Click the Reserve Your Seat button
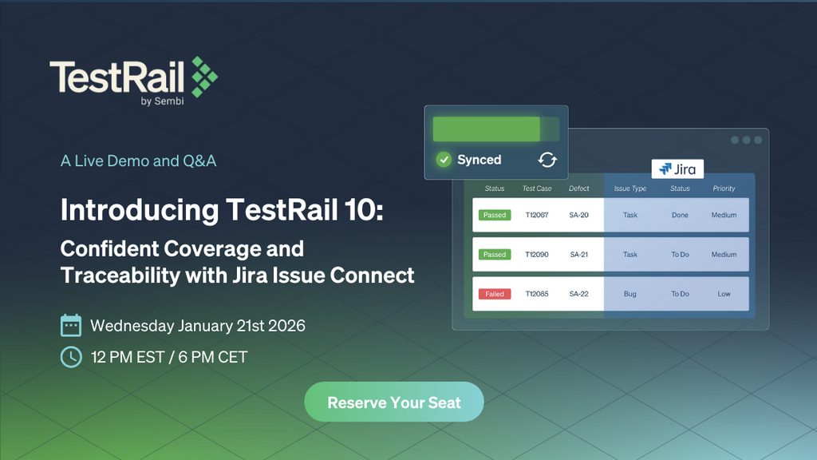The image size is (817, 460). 394,402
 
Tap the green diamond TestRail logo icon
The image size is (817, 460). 203,77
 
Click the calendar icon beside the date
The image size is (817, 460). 71,325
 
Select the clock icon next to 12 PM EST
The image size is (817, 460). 71,356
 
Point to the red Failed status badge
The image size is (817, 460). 495,294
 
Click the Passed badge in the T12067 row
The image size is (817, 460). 495,215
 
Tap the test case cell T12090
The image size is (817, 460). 536,255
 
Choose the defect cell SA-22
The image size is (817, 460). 579,294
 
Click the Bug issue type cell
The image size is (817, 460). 630,294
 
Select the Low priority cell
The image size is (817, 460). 724,294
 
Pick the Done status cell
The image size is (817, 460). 680,215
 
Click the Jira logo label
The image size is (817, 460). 677,169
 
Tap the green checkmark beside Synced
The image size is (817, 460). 444,160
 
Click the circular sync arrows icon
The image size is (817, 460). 547,160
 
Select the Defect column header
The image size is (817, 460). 579,189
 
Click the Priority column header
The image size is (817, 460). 724,189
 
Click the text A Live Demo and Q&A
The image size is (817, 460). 138,161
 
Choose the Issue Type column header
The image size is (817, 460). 630,189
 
